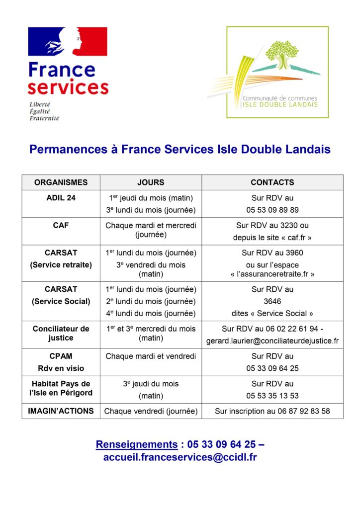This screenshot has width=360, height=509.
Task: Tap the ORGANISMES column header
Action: [x=61, y=182]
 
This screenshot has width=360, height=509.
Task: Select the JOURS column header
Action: [x=151, y=182]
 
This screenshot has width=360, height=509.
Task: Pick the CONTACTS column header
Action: [x=272, y=182]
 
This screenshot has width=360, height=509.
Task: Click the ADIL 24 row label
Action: [x=61, y=198]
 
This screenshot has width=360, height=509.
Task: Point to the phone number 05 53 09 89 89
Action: [x=272, y=210]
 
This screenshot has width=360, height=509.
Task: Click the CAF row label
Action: [x=61, y=225]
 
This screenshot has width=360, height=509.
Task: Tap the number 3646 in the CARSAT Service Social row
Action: [x=272, y=301]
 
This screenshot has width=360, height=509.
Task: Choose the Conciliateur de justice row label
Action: [x=61, y=333]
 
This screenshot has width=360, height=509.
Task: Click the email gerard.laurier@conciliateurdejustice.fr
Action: [x=272, y=341]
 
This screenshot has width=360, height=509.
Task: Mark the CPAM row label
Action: [x=61, y=356]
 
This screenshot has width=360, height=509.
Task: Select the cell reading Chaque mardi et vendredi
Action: [x=151, y=356]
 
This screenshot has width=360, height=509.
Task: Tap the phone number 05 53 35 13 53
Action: [x=272, y=396]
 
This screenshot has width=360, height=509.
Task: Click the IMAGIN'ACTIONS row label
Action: [x=61, y=411]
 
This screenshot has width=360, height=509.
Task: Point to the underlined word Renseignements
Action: [x=136, y=444]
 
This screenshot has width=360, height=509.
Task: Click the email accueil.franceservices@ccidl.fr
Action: [x=180, y=457]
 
